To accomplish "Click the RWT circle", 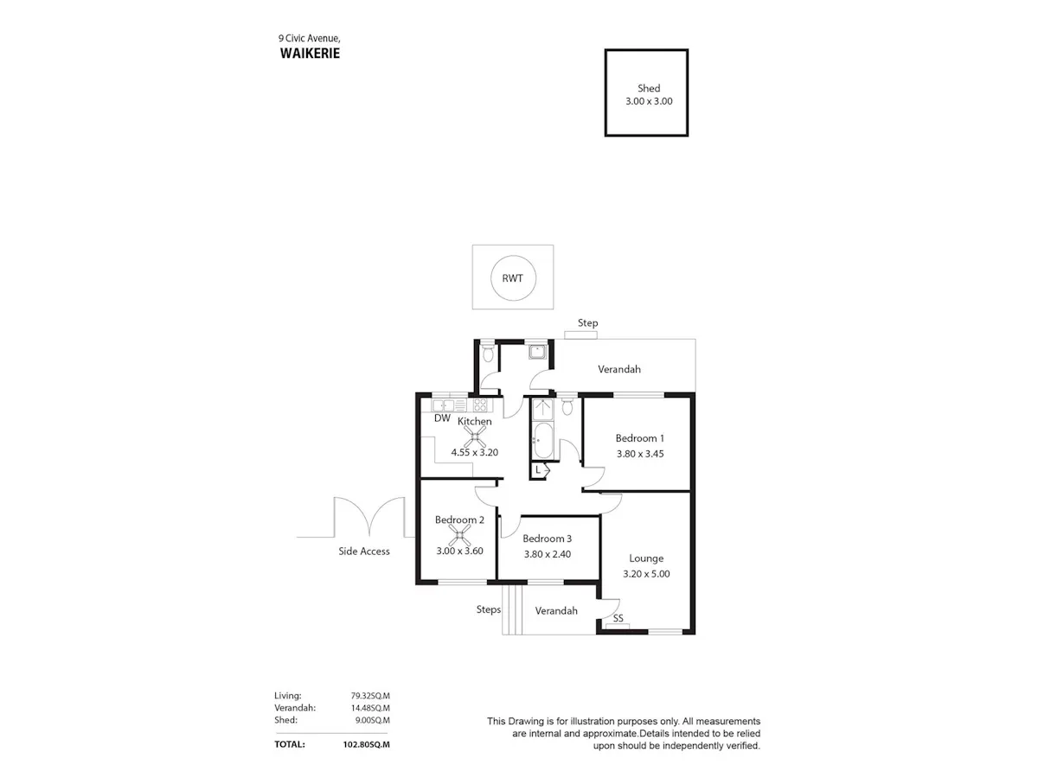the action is coord(513,256).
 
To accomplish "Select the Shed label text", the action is coord(649,88).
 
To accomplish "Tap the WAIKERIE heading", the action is coord(310,54).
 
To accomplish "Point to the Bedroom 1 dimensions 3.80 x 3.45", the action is coord(640,454).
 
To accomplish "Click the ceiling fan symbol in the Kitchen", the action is coord(475,437).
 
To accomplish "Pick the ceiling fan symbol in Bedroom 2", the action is coord(459,536).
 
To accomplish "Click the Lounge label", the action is coord(646,558).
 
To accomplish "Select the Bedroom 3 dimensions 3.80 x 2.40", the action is coord(548,554).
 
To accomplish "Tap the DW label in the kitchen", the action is coord(442,418).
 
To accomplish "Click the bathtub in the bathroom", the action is coord(543,440).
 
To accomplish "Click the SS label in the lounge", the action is coord(618,618).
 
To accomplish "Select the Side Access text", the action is coord(364,552).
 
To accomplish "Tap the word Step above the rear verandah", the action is coord(588,323).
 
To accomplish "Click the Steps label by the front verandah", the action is coord(489,609).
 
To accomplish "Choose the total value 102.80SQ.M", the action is coord(367,744).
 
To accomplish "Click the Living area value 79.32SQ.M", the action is coord(370,696).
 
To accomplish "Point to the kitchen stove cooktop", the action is coord(480,405).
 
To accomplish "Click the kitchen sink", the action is coord(443,405).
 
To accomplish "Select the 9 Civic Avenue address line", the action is coord(310,38).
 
